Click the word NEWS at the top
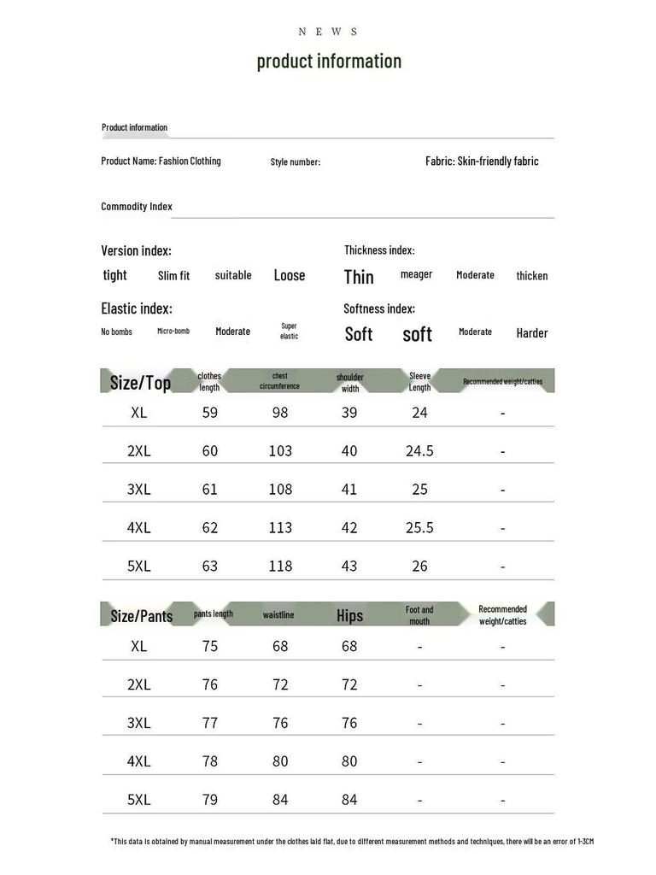(x=329, y=32)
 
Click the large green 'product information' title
(x=329, y=61)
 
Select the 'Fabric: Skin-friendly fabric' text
(x=482, y=161)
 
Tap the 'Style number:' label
(x=296, y=161)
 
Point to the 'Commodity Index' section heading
(x=137, y=206)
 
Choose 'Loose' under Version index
(x=290, y=275)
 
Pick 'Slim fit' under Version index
(x=174, y=275)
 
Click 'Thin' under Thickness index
(x=359, y=276)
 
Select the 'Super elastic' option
(x=290, y=331)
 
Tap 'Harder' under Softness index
(x=531, y=333)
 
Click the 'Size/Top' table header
(x=141, y=382)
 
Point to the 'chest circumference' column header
(x=280, y=381)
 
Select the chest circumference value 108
(x=280, y=489)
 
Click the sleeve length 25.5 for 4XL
(x=419, y=527)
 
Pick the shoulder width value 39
(x=349, y=412)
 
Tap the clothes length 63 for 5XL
(x=210, y=566)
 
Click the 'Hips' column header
(x=349, y=615)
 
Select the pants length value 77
(x=210, y=722)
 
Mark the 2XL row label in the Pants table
(x=139, y=684)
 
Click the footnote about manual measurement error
(x=352, y=842)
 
